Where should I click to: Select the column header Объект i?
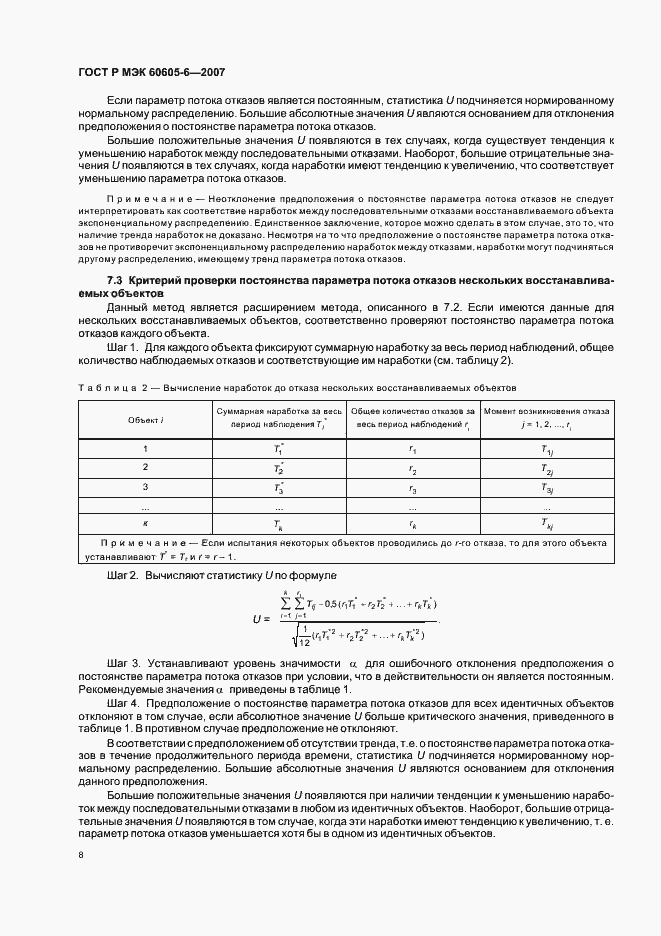point(145,420)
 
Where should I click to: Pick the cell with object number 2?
point(145,467)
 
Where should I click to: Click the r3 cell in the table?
point(412,487)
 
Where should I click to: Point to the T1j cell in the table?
point(546,449)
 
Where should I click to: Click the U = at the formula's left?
point(262,619)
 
